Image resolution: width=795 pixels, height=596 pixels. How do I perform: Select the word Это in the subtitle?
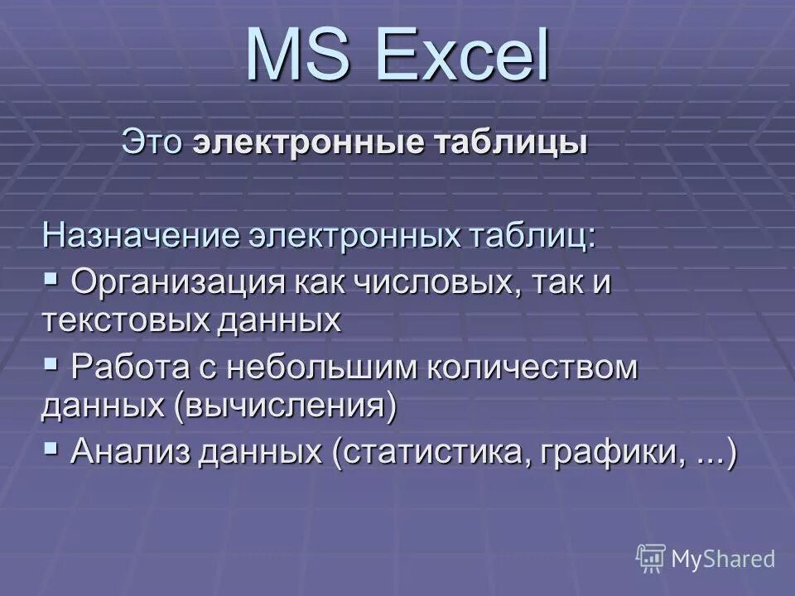(x=152, y=142)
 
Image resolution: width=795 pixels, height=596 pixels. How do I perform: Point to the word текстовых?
(x=125, y=320)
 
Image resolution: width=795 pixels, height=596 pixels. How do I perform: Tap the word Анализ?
(x=123, y=453)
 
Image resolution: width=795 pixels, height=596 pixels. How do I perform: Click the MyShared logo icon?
(x=651, y=559)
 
